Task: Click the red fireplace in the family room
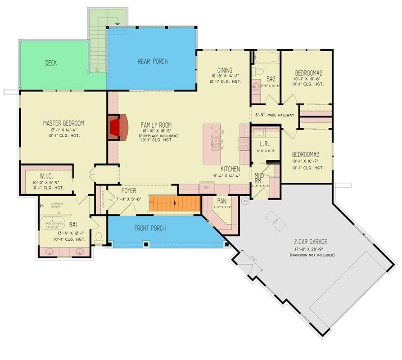click(x=116, y=128)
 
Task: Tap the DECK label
click(x=50, y=63)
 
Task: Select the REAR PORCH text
click(x=153, y=61)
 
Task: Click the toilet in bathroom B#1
click(x=99, y=237)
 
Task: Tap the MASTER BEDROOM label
click(x=63, y=123)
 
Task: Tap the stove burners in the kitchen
click(x=244, y=144)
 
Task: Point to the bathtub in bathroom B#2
click(x=266, y=58)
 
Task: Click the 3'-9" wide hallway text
click(x=274, y=115)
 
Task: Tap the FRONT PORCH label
click(x=150, y=228)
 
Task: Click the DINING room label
click(x=225, y=70)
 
